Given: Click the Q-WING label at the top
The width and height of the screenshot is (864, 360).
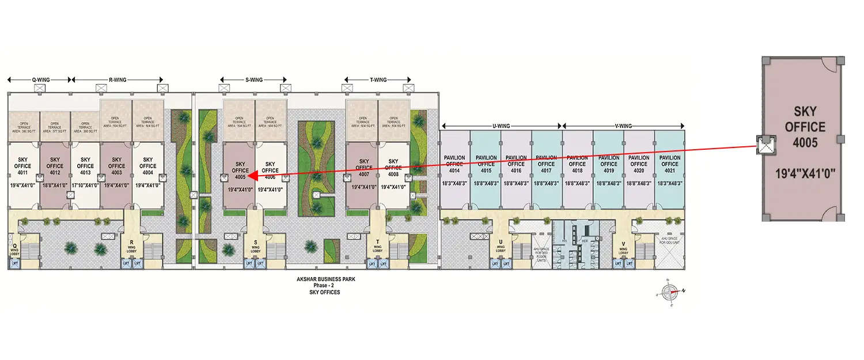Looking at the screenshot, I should point(39,80).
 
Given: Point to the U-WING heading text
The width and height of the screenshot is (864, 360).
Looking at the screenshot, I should point(501,125).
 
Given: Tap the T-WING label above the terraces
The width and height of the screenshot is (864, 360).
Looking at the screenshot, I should point(377,80).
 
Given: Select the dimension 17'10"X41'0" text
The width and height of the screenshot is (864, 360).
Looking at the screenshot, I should point(85,185).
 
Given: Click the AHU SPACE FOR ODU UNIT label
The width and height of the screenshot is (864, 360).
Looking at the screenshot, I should point(670,241).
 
